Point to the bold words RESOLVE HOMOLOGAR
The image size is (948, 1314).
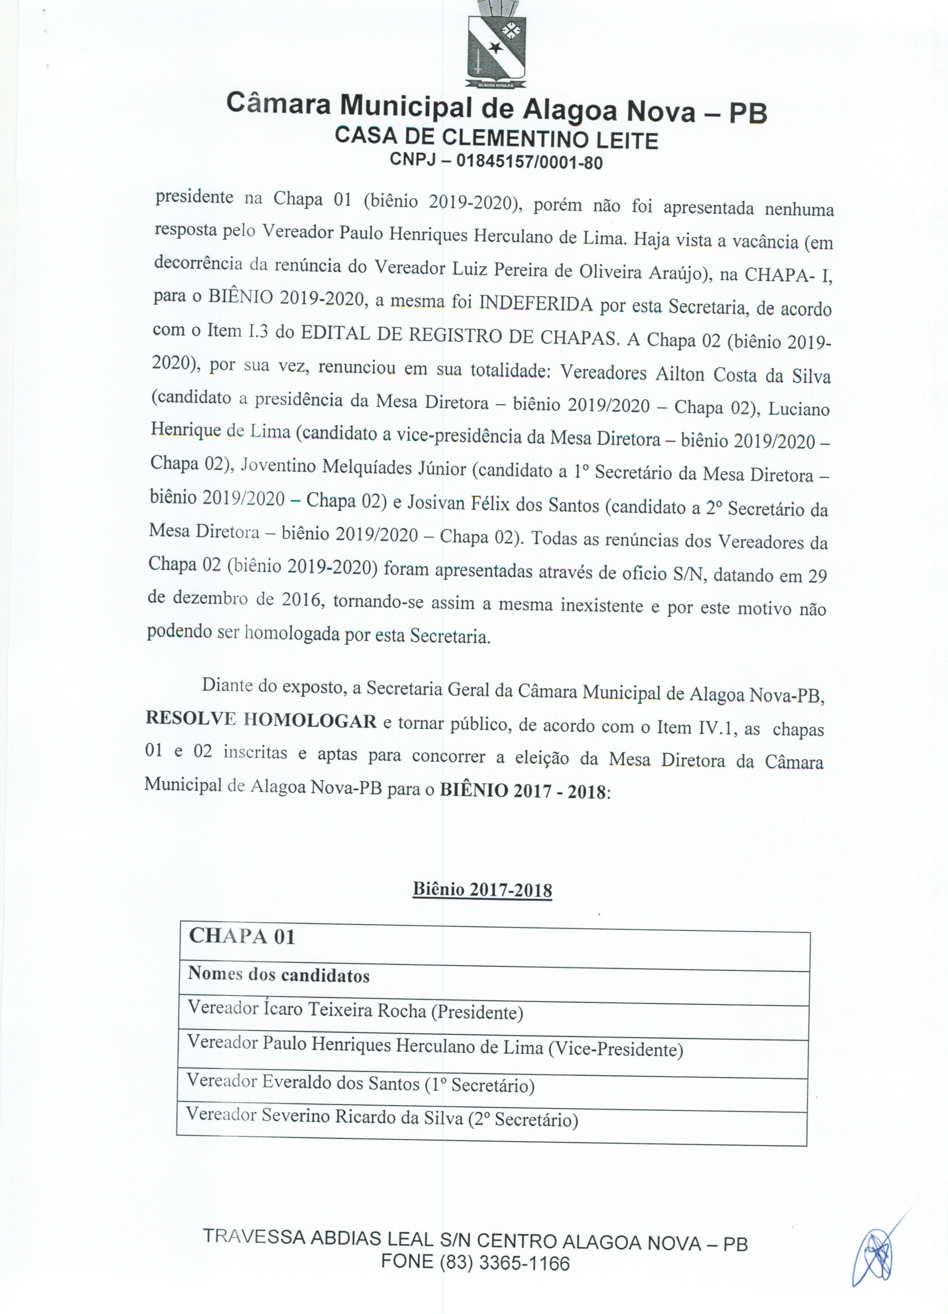click(261, 720)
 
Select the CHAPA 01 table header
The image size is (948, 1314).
click(242, 936)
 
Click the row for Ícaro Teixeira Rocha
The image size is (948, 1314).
click(355, 1011)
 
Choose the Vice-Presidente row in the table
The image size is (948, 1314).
click(435, 1048)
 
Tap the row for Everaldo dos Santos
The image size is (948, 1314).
click(360, 1083)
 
